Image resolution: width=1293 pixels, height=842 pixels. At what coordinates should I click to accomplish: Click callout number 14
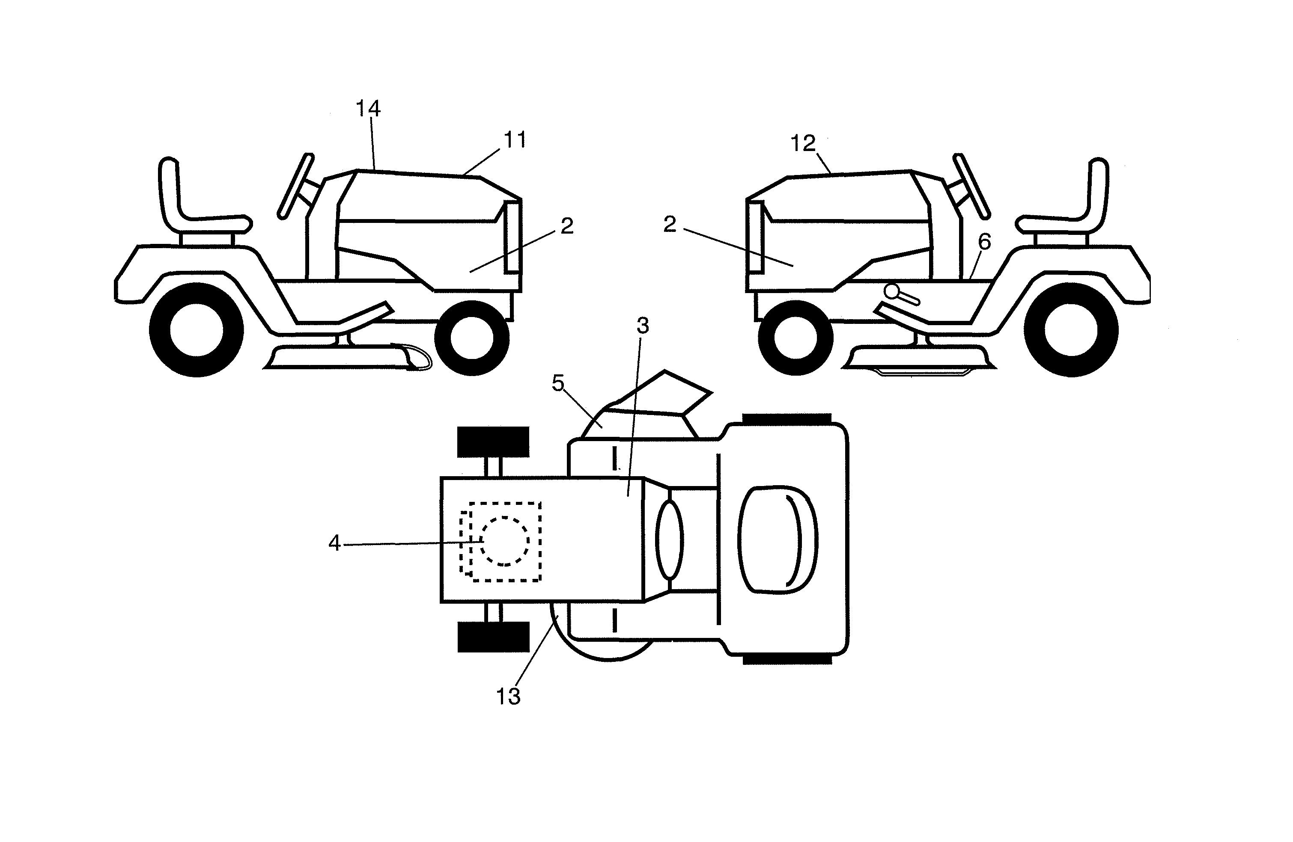click(368, 109)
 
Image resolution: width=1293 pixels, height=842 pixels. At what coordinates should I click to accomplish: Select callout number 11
click(515, 140)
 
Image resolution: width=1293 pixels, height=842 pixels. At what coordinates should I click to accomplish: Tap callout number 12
click(802, 143)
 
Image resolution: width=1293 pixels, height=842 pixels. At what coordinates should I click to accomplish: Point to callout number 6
click(984, 242)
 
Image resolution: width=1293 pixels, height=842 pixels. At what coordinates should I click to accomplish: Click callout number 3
click(643, 326)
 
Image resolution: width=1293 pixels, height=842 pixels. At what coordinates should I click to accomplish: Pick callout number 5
click(558, 383)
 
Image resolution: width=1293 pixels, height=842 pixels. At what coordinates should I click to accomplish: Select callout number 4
click(334, 543)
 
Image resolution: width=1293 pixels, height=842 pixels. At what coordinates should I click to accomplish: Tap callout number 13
click(508, 697)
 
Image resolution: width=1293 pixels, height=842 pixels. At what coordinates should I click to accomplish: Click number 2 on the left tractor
click(566, 226)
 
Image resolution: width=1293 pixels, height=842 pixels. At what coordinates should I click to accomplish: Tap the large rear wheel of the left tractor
click(196, 329)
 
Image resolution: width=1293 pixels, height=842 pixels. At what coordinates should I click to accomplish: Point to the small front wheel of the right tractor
click(795, 338)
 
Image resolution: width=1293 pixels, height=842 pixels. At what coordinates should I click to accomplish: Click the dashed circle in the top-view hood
click(505, 541)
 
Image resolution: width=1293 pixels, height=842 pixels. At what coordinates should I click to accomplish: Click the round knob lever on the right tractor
click(891, 291)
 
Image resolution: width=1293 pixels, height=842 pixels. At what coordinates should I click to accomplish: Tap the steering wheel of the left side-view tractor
click(295, 186)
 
